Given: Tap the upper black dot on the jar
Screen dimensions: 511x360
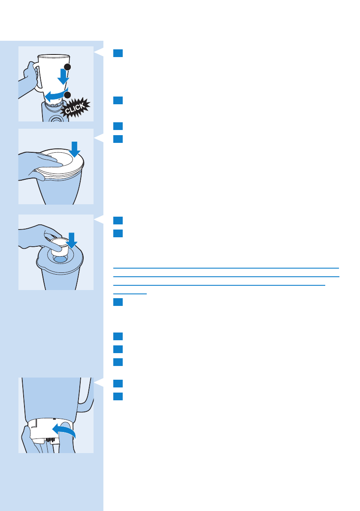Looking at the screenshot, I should [x=68, y=67].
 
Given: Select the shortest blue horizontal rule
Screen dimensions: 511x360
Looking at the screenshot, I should [x=130, y=294].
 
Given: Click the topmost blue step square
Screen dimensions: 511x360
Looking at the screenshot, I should [x=118, y=53].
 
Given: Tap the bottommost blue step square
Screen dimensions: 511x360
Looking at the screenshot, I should [x=118, y=396].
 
